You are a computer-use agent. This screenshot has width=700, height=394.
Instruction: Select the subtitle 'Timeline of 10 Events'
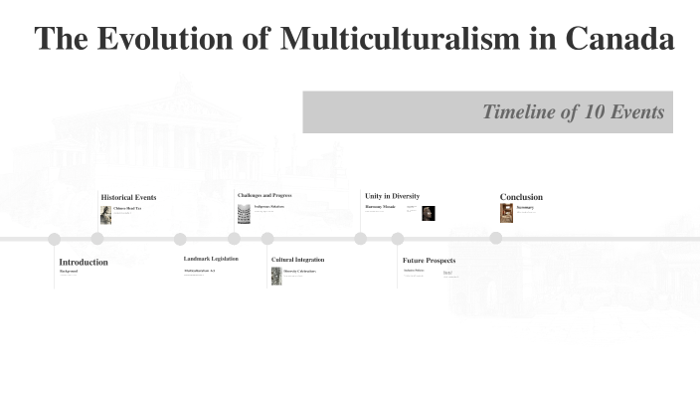[x=573, y=112]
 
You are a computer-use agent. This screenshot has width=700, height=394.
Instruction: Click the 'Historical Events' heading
[x=128, y=197]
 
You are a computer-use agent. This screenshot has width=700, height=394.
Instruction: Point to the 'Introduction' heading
[x=84, y=262]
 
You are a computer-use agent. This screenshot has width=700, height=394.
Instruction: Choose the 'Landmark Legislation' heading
[x=211, y=259]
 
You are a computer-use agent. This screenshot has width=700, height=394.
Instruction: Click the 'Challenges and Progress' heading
[x=264, y=195]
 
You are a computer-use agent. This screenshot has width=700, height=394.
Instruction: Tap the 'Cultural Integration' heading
[x=297, y=260]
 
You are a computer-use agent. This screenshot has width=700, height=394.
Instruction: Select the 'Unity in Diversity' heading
[x=392, y=196]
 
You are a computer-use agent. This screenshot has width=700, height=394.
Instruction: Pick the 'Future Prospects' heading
[x=429, y=261]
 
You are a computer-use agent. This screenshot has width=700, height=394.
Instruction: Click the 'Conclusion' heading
[x=521, y=197]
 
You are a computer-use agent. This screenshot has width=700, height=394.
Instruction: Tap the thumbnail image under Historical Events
[x=105, y=214]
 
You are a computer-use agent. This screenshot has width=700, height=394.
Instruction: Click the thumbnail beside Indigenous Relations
[x=244, y=214]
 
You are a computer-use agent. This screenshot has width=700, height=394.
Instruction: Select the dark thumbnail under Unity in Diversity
[x=428, y=213]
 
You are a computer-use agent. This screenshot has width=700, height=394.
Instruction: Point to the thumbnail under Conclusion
[x=506, y=213]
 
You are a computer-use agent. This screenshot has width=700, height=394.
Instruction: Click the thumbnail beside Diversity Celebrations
[x=276, y=276]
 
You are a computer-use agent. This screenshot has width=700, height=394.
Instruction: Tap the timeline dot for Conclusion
[x=495, y=238]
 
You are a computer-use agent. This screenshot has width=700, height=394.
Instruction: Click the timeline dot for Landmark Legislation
[x=180, y=239]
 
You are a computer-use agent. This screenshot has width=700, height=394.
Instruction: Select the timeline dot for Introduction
[x=55, y=239]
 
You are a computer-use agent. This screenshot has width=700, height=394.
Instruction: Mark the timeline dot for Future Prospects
[x=398, y=239]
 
